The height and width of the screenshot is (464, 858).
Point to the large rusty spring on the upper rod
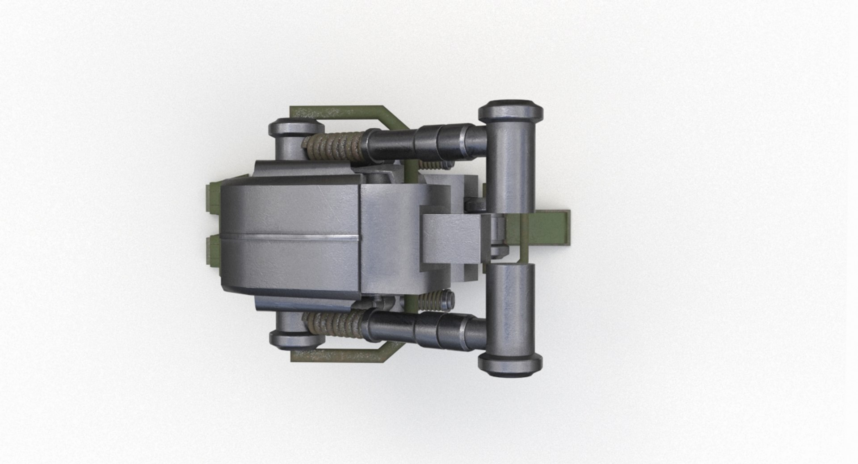[x=334, y=146]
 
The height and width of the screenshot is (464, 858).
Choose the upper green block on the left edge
[x=214, y=197]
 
